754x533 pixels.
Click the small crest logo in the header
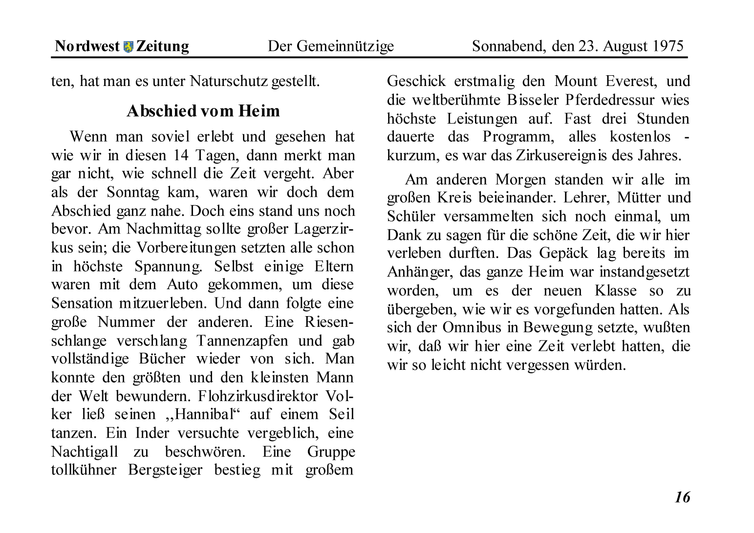(x=128, y=47)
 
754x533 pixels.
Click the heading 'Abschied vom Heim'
(x=203, y=111)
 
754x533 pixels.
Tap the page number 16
(x=682, y=497)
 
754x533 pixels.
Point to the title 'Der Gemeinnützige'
(x=331, y=46)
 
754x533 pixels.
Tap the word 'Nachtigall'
(x=85, y=451)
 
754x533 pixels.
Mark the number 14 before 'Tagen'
(x=182, y=155)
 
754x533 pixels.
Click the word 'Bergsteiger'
(x=165, y=470)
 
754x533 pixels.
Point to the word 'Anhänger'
(x=418, y=272)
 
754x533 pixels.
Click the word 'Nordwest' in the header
(x=87, y=46)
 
